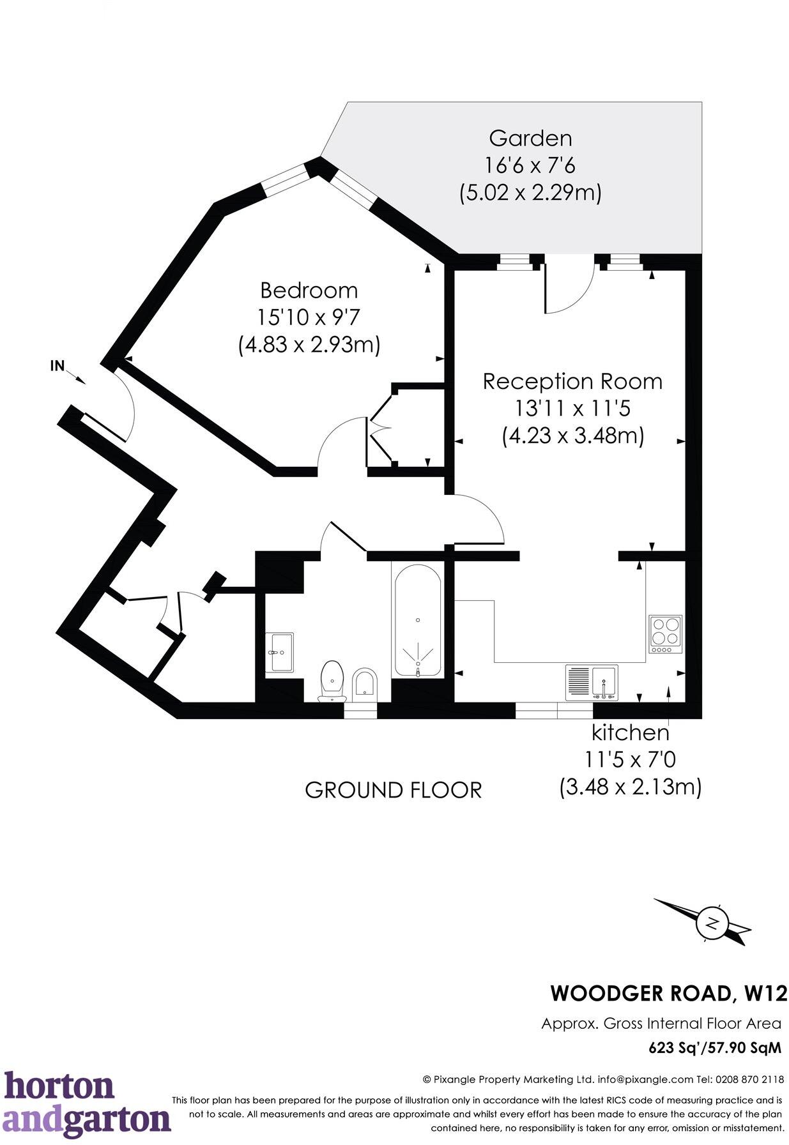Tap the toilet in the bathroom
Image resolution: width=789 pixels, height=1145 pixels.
[332, 680]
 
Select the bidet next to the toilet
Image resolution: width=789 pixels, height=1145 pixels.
[365, 682]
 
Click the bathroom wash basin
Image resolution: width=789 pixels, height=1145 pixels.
[279, 652]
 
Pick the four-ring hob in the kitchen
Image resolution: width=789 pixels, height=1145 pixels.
[665, 633]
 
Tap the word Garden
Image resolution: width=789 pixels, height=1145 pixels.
[530, 138]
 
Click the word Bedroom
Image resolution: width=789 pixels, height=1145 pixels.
[309, 291]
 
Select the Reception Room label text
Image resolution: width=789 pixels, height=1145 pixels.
[572, 381]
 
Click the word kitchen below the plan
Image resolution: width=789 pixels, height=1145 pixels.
[630, 732]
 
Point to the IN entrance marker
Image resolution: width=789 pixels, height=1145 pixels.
[58, 366]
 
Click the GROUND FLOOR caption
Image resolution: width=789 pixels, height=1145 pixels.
[393, 790]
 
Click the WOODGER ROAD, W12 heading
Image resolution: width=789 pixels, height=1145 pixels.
[668, 994]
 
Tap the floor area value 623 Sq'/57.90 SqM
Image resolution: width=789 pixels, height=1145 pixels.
[714, 1048]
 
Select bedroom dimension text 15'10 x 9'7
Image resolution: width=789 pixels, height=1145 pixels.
[309, 317]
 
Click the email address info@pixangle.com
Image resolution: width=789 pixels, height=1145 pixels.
[645, 1079]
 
